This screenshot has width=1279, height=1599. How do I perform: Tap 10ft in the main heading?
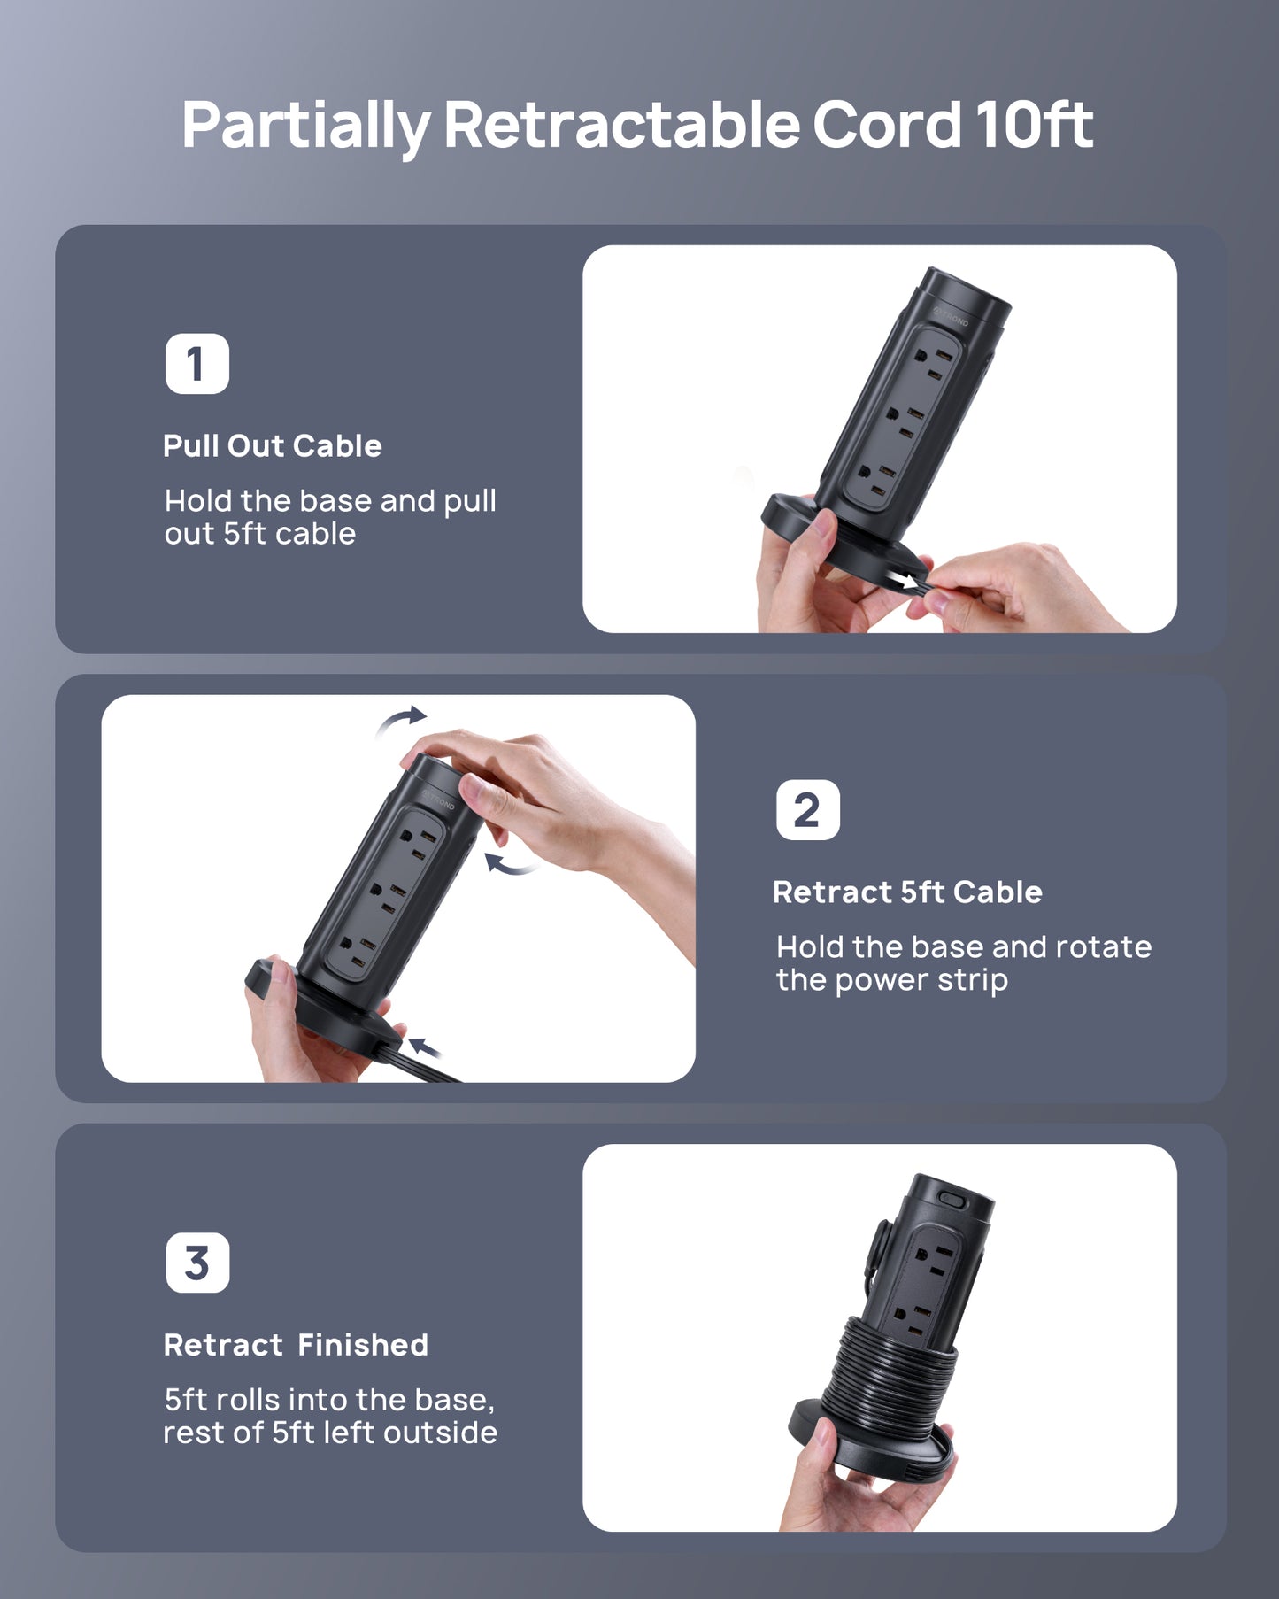1034,124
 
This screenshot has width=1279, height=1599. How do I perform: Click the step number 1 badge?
196,364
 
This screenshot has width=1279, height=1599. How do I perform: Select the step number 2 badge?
807,810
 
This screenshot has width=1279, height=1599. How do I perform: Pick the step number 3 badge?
197,1263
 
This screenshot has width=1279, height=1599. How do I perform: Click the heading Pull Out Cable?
272,445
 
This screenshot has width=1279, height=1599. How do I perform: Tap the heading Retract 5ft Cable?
907,892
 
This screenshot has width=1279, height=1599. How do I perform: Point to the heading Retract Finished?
296,1345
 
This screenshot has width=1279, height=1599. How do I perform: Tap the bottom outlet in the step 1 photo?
874,478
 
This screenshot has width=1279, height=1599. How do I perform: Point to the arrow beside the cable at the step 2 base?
425,1048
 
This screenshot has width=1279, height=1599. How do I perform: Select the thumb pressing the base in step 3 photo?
822,1433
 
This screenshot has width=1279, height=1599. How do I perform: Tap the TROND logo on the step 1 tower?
952,316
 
